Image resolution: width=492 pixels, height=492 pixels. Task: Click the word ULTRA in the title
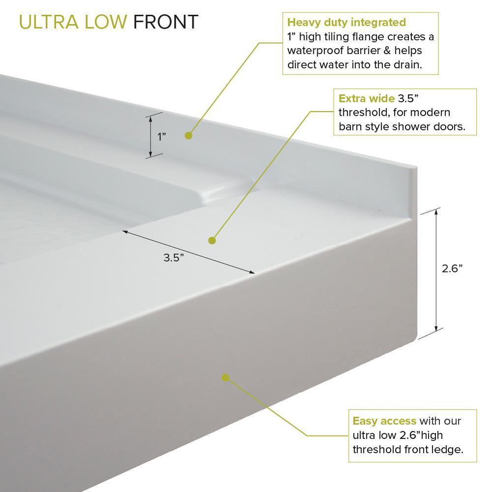tap(49, 22)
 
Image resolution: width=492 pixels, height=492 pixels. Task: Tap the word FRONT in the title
tap(166, 22)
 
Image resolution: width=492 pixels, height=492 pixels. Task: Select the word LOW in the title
tap(106, 22)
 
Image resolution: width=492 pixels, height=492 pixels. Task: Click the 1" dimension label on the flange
tap(161, 137)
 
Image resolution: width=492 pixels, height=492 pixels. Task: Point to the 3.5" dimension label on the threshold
tap(174, 258)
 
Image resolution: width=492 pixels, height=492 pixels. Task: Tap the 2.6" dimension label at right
tap(452, 269)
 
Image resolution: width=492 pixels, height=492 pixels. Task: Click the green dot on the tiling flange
tap(188, 136)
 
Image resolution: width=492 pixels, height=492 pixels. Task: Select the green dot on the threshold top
tap(212, 241)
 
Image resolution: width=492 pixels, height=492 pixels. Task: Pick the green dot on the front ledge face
tap(225, 377)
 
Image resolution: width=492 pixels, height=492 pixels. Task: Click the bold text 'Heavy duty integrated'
tap(346, 23)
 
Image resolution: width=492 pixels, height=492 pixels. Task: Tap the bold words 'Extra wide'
tap(366, 98)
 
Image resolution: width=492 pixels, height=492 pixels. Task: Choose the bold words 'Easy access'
tap(384, 421)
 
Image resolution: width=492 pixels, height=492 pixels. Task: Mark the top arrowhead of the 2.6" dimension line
tap(436, 212)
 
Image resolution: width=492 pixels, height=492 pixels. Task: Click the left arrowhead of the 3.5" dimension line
tap(125, 232)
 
